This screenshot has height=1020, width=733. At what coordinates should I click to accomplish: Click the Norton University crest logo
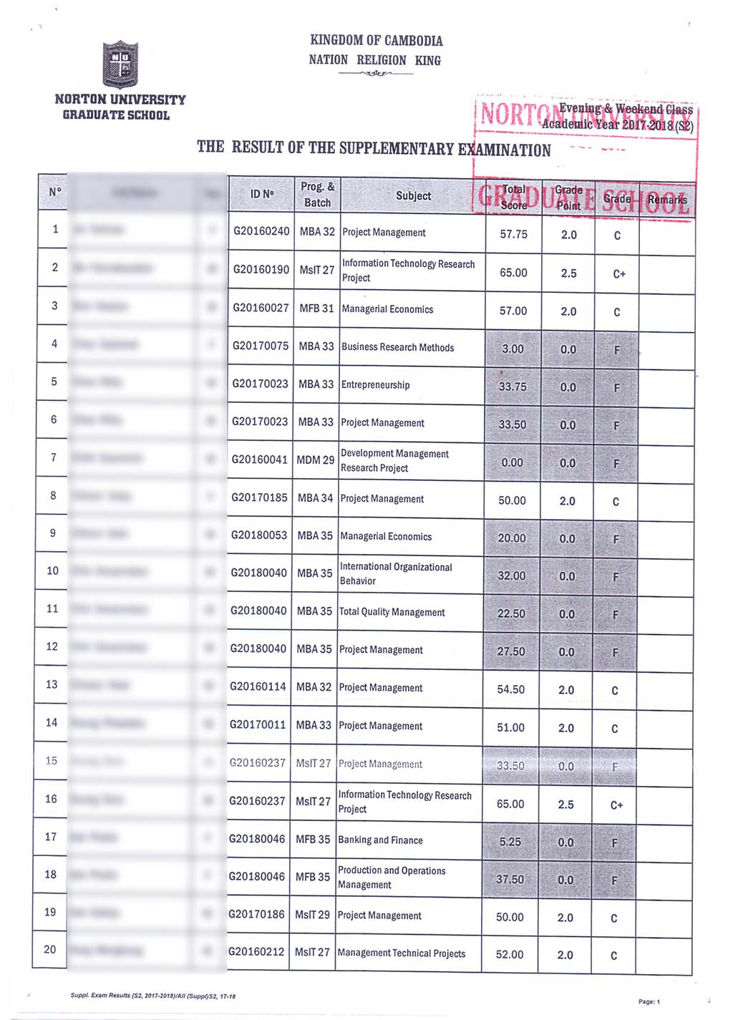coord(120,64)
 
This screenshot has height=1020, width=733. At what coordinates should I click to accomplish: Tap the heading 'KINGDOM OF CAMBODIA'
coord(376,41)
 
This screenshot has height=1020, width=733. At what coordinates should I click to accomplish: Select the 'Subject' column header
coord(413,195)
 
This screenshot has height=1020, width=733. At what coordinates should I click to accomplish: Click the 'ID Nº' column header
coord(262,193)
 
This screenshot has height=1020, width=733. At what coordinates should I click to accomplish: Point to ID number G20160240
coord(261,231)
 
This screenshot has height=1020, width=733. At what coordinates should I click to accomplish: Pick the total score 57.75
coord(513,234)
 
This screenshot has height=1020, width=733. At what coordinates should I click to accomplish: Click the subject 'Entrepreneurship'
coord(375,385)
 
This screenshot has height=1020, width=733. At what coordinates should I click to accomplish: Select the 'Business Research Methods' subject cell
coord(397,347)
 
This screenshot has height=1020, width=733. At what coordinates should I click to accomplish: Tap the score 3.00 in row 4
coord(513,349)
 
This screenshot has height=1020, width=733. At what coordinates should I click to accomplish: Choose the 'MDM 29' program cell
coord(315,460)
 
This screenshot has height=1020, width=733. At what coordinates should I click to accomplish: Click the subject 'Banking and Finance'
coord(380,840)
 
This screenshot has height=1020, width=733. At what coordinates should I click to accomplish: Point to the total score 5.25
coord(510,842)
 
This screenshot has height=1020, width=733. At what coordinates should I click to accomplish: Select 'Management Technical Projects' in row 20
coord(401,953)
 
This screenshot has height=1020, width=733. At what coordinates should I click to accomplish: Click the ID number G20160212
coord(256,952)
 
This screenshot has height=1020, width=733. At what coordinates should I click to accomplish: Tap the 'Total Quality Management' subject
coord(392,612)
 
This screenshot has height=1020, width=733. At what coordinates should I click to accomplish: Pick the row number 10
coord(52,570)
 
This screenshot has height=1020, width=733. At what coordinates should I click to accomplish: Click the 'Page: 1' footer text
coord(649,1001)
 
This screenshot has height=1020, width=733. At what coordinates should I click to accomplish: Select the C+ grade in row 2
coord(618,273)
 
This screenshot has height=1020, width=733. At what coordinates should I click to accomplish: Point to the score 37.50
coord(510,879)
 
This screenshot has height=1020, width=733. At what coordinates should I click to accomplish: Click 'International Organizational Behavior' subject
coord(395,573)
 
